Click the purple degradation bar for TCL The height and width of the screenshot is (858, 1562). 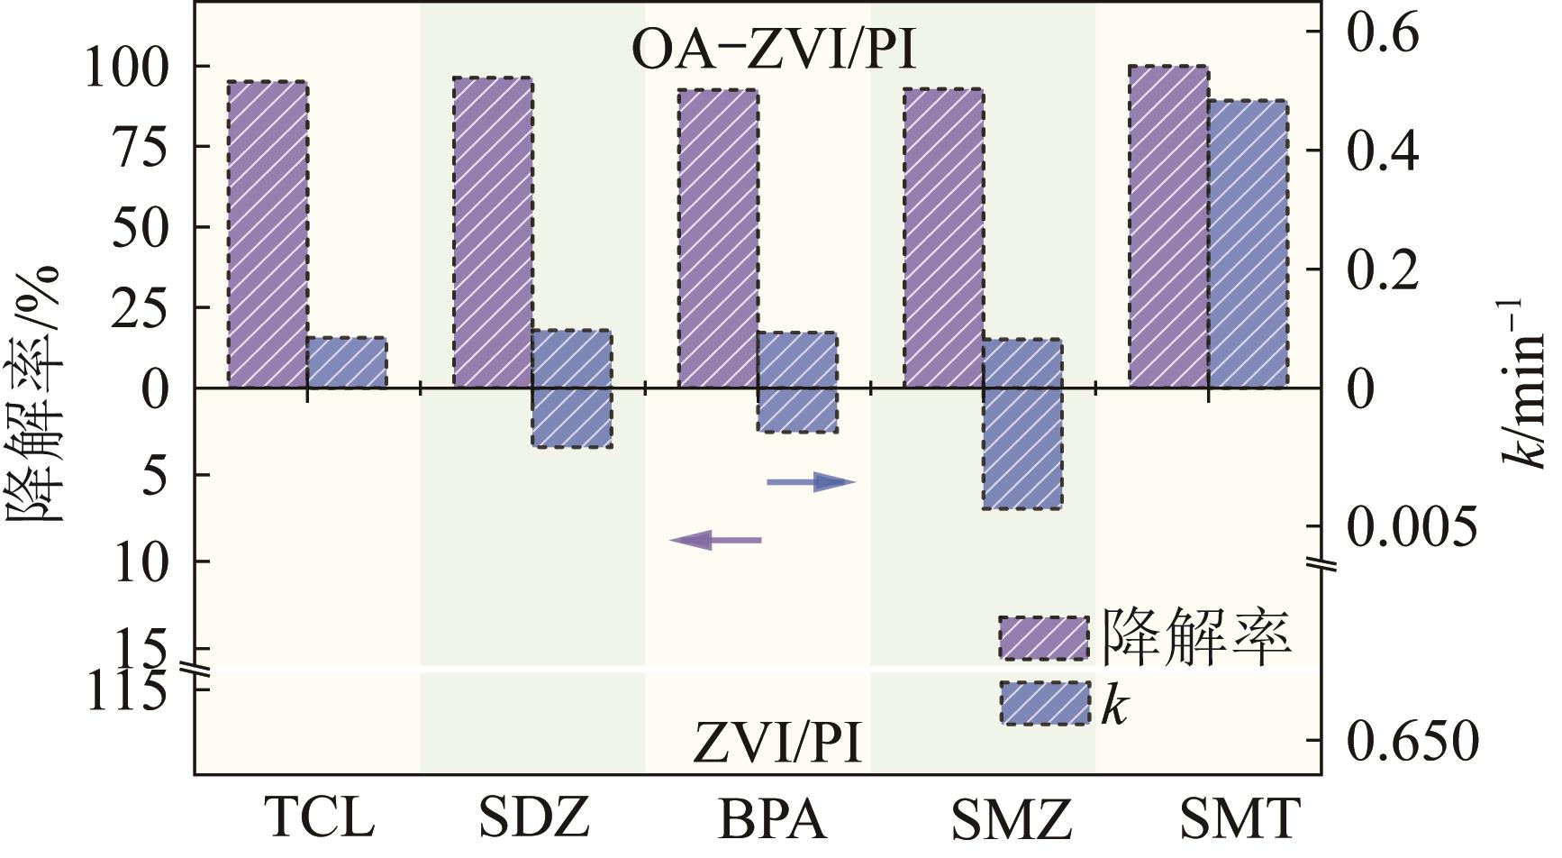click(268, 234)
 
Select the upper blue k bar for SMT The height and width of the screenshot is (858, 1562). click(1248, 243)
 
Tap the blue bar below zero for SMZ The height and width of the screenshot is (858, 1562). click(1022, 449)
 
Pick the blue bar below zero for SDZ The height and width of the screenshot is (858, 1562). click(572, 418)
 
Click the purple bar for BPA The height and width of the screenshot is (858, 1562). click(717, 239)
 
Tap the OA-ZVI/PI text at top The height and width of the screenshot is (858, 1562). click(773, 51)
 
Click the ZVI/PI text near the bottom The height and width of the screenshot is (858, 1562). click(776, 744)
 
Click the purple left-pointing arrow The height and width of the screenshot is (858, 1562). click(716, 540)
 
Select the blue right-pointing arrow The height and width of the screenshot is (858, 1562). click(810, 482)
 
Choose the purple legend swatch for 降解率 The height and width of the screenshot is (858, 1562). click(1043, 638)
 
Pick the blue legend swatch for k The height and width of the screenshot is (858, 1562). click(1043, 703)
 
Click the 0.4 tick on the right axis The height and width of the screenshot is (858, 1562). click(1382, 151)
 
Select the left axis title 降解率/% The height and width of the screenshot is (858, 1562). click(36, 392)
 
